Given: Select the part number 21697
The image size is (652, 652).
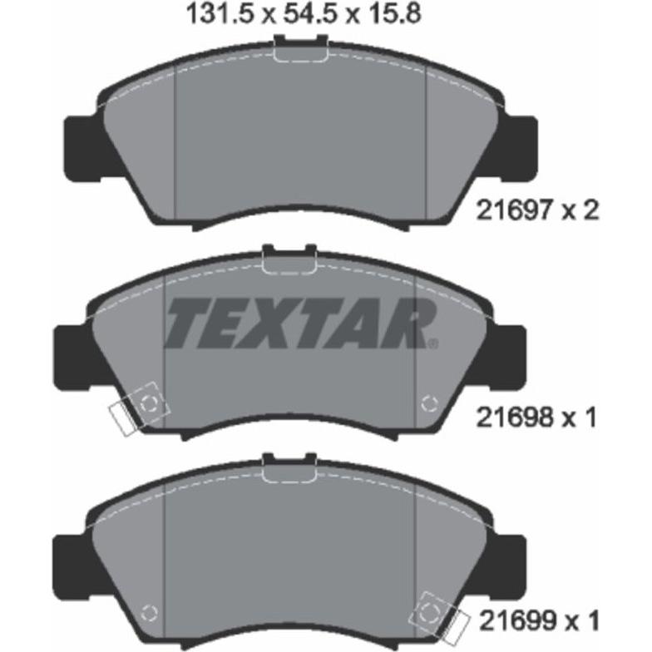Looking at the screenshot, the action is click(x=514, y=211).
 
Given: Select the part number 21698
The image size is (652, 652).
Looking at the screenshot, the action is click(x=514, y=417).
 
